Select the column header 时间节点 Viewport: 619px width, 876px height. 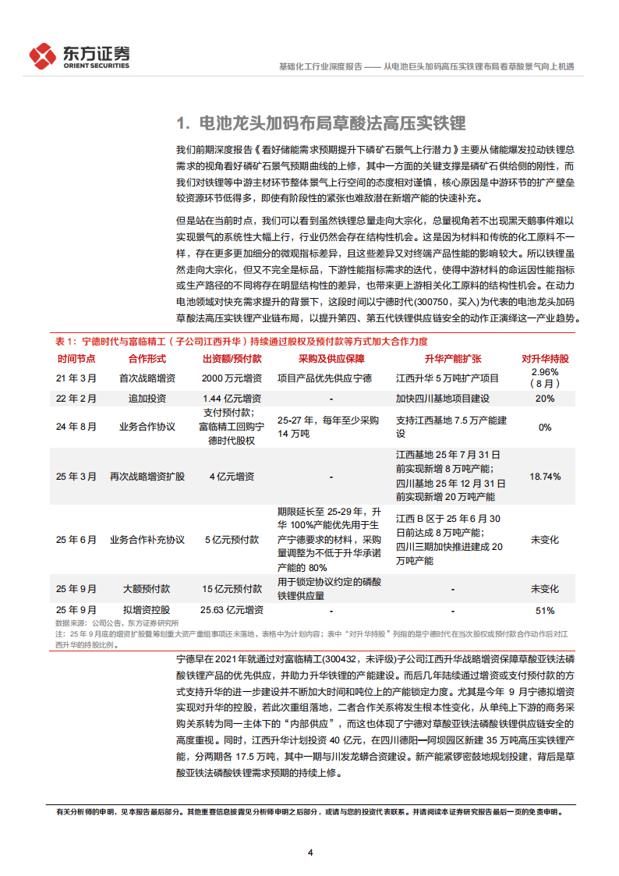point(76,359)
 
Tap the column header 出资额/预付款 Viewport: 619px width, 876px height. point(232,359)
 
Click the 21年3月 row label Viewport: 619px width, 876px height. point(76,378)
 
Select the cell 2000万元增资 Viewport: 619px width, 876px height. point(232,378)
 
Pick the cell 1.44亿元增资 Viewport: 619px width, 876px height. point(232,399)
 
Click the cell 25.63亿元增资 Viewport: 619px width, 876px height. point(232,610)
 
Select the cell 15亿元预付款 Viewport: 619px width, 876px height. point(232,589)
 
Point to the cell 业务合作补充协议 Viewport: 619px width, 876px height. point(147,539)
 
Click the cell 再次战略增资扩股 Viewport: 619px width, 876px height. point(147,475)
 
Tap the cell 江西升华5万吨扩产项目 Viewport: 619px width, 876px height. point(446,378)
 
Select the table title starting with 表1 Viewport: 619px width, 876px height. point(242,342)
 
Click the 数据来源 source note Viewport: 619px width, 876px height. point(117,622)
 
